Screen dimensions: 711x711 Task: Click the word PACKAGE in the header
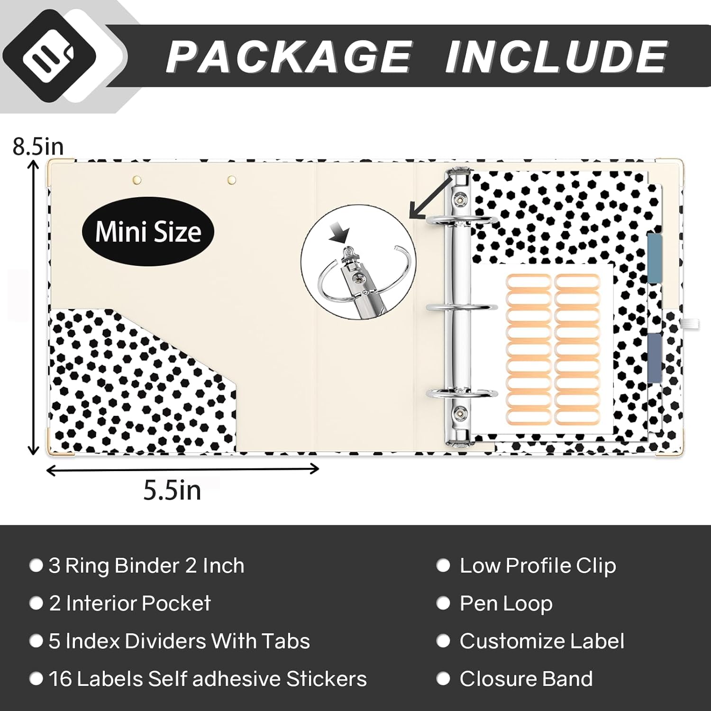click(x=289, y=56)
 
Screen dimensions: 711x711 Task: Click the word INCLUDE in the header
click(x=556, y=56)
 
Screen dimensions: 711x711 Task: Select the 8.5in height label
click(x=38, y=147)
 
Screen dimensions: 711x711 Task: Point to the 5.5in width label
click(x=173, y=490)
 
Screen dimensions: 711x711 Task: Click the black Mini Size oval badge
click(x=148, y=231)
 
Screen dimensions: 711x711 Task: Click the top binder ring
click(x=462, y=219)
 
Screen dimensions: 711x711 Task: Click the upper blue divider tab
click(x=655, y=258)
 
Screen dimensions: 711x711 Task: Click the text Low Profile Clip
click(x=538, y=565)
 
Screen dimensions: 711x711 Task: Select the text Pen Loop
click(x=506, y=603)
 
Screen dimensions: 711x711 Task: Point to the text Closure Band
click(x=526, y=679)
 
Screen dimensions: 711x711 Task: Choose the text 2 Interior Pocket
click(x=130, y=603)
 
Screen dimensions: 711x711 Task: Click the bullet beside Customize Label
click(x=443, y=641)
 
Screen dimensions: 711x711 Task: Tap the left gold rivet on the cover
click(x=137, y=180)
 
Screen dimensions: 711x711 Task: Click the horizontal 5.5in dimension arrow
click(x=182, y=469)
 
